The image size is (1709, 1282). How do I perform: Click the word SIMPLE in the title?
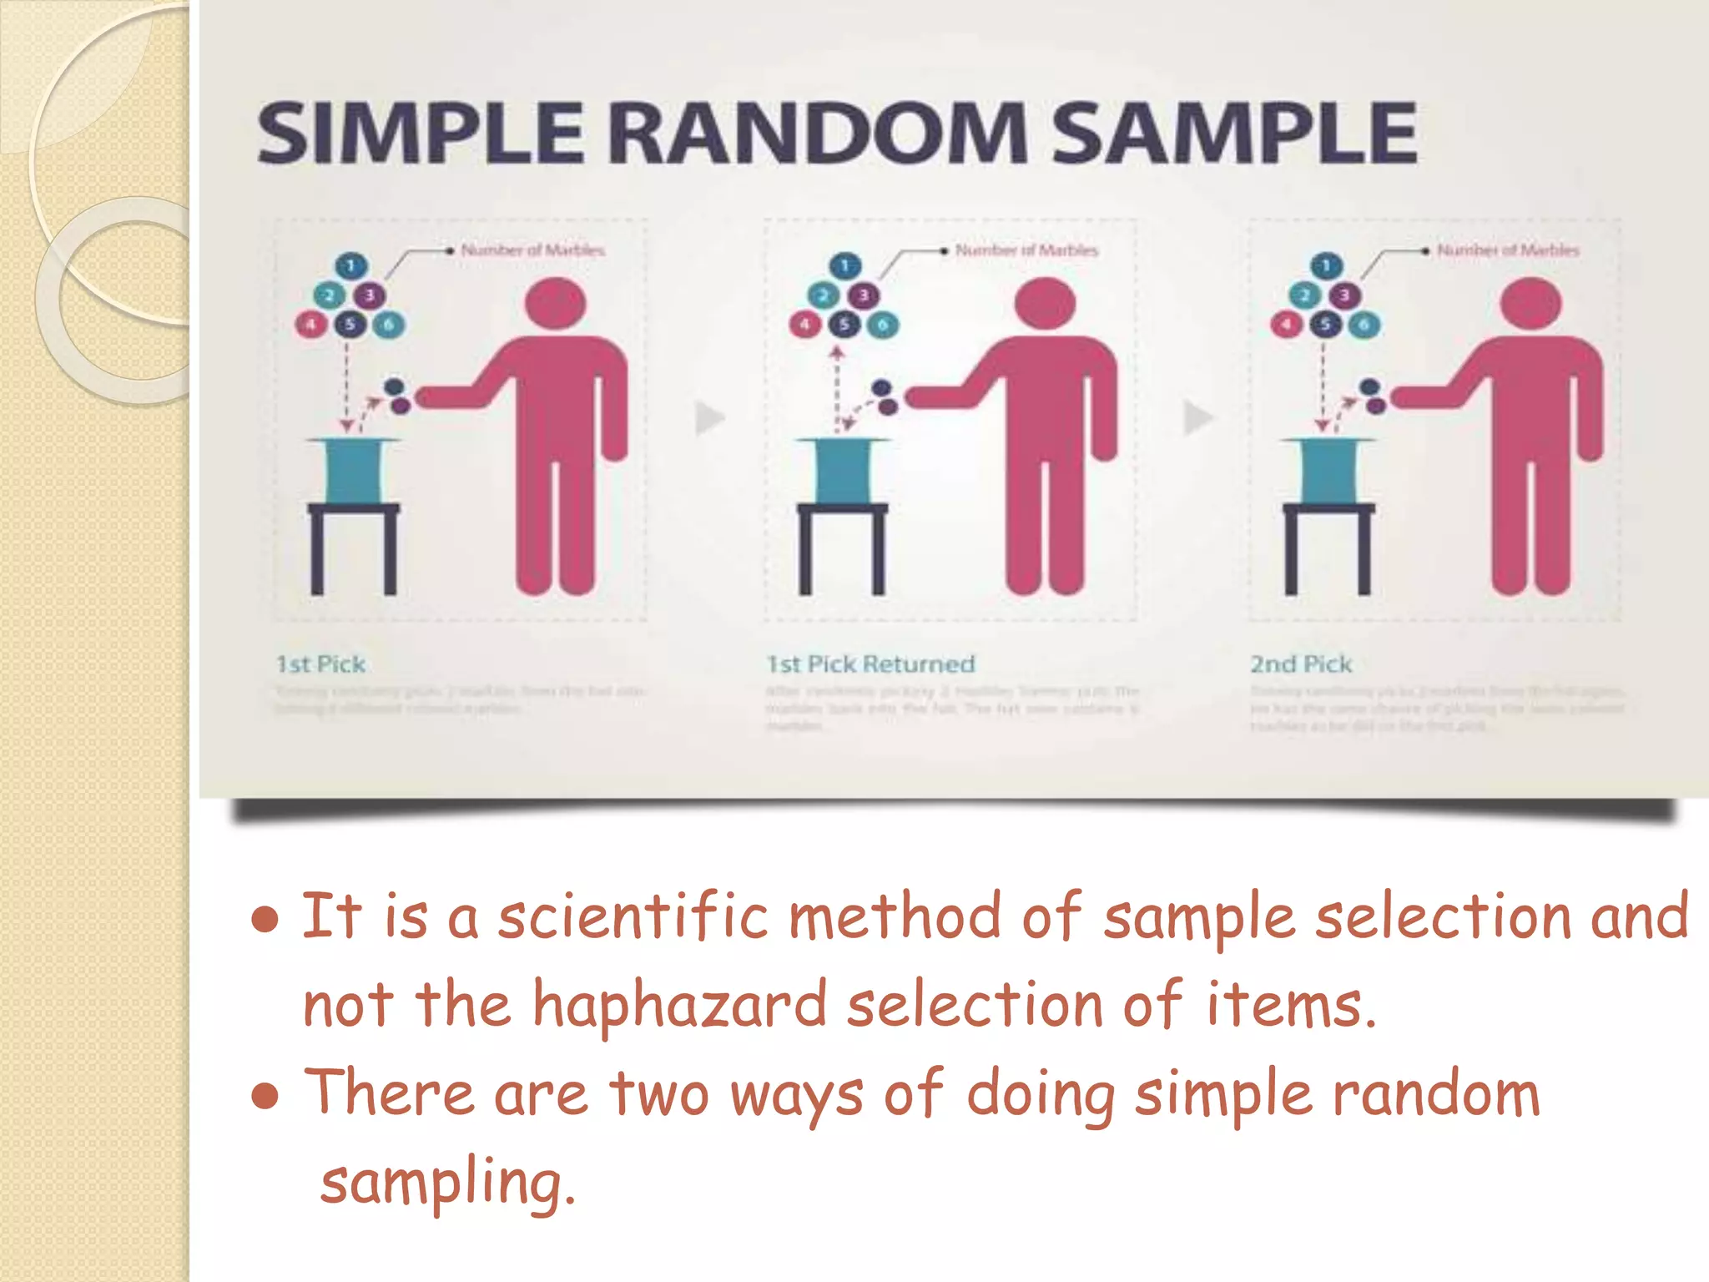tap(420, 134)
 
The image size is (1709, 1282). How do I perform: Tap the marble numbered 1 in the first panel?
tap(350, 266)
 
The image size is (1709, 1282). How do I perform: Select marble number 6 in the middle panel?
tap(883, 325)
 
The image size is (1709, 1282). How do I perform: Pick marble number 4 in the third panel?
tap(1286, 325)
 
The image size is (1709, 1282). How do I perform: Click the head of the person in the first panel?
tap(556, 304)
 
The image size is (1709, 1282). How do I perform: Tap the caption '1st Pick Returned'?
tap(870, 664)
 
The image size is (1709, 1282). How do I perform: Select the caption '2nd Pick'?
tap(1300, 664)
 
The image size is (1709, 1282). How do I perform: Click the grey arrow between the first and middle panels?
tap(709, 418)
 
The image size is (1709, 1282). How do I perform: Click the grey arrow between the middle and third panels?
tap(1198, 418)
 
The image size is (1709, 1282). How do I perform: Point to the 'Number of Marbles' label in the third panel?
tap(1507, 250)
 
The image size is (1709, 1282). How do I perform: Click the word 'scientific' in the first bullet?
tap(633, 916)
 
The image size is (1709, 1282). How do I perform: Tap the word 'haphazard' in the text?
tap(679, 1005)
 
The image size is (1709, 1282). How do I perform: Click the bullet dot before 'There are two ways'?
tap(265, 1096)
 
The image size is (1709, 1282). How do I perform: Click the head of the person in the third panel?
tap(1530, 304)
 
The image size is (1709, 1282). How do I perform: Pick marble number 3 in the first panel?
tap(370, 295)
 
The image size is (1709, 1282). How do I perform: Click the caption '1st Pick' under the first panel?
tap(320, 664)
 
